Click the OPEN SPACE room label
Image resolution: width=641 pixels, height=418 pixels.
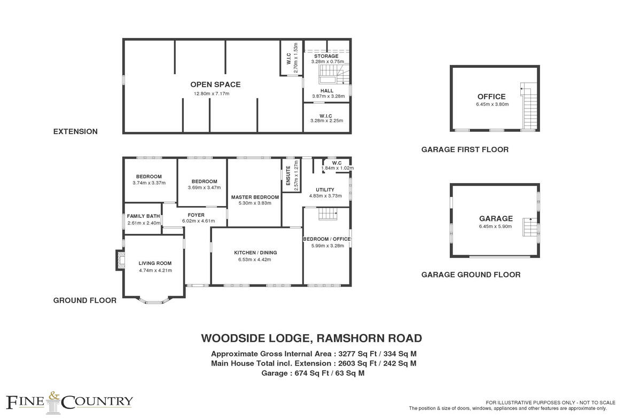(x=215, y=84)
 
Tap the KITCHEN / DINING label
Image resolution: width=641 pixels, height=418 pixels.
(x=255, y=253)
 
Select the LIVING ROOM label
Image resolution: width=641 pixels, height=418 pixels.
(x=155, y=263)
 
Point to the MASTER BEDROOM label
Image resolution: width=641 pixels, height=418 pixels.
(x=255, y=197)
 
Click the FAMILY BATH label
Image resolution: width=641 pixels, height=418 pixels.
(x=144, y=216)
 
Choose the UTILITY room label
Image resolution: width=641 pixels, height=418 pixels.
(x=325, y=190)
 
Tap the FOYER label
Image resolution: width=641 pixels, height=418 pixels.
(x=196, y=215)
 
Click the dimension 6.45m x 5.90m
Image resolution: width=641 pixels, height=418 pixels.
(x=495, y=226)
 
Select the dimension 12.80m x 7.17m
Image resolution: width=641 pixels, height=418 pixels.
(x=212, y=94)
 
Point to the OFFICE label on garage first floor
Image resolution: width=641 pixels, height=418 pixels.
(x=491, y=97)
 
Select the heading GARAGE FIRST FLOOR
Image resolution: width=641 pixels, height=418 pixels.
(x=465, y=149)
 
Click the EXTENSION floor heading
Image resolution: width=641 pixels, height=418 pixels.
(x=75, y=131)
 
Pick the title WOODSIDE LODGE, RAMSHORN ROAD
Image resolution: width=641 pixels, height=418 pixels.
(x=311, y=338)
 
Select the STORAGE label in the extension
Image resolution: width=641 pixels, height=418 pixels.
(x=326, y=56)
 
